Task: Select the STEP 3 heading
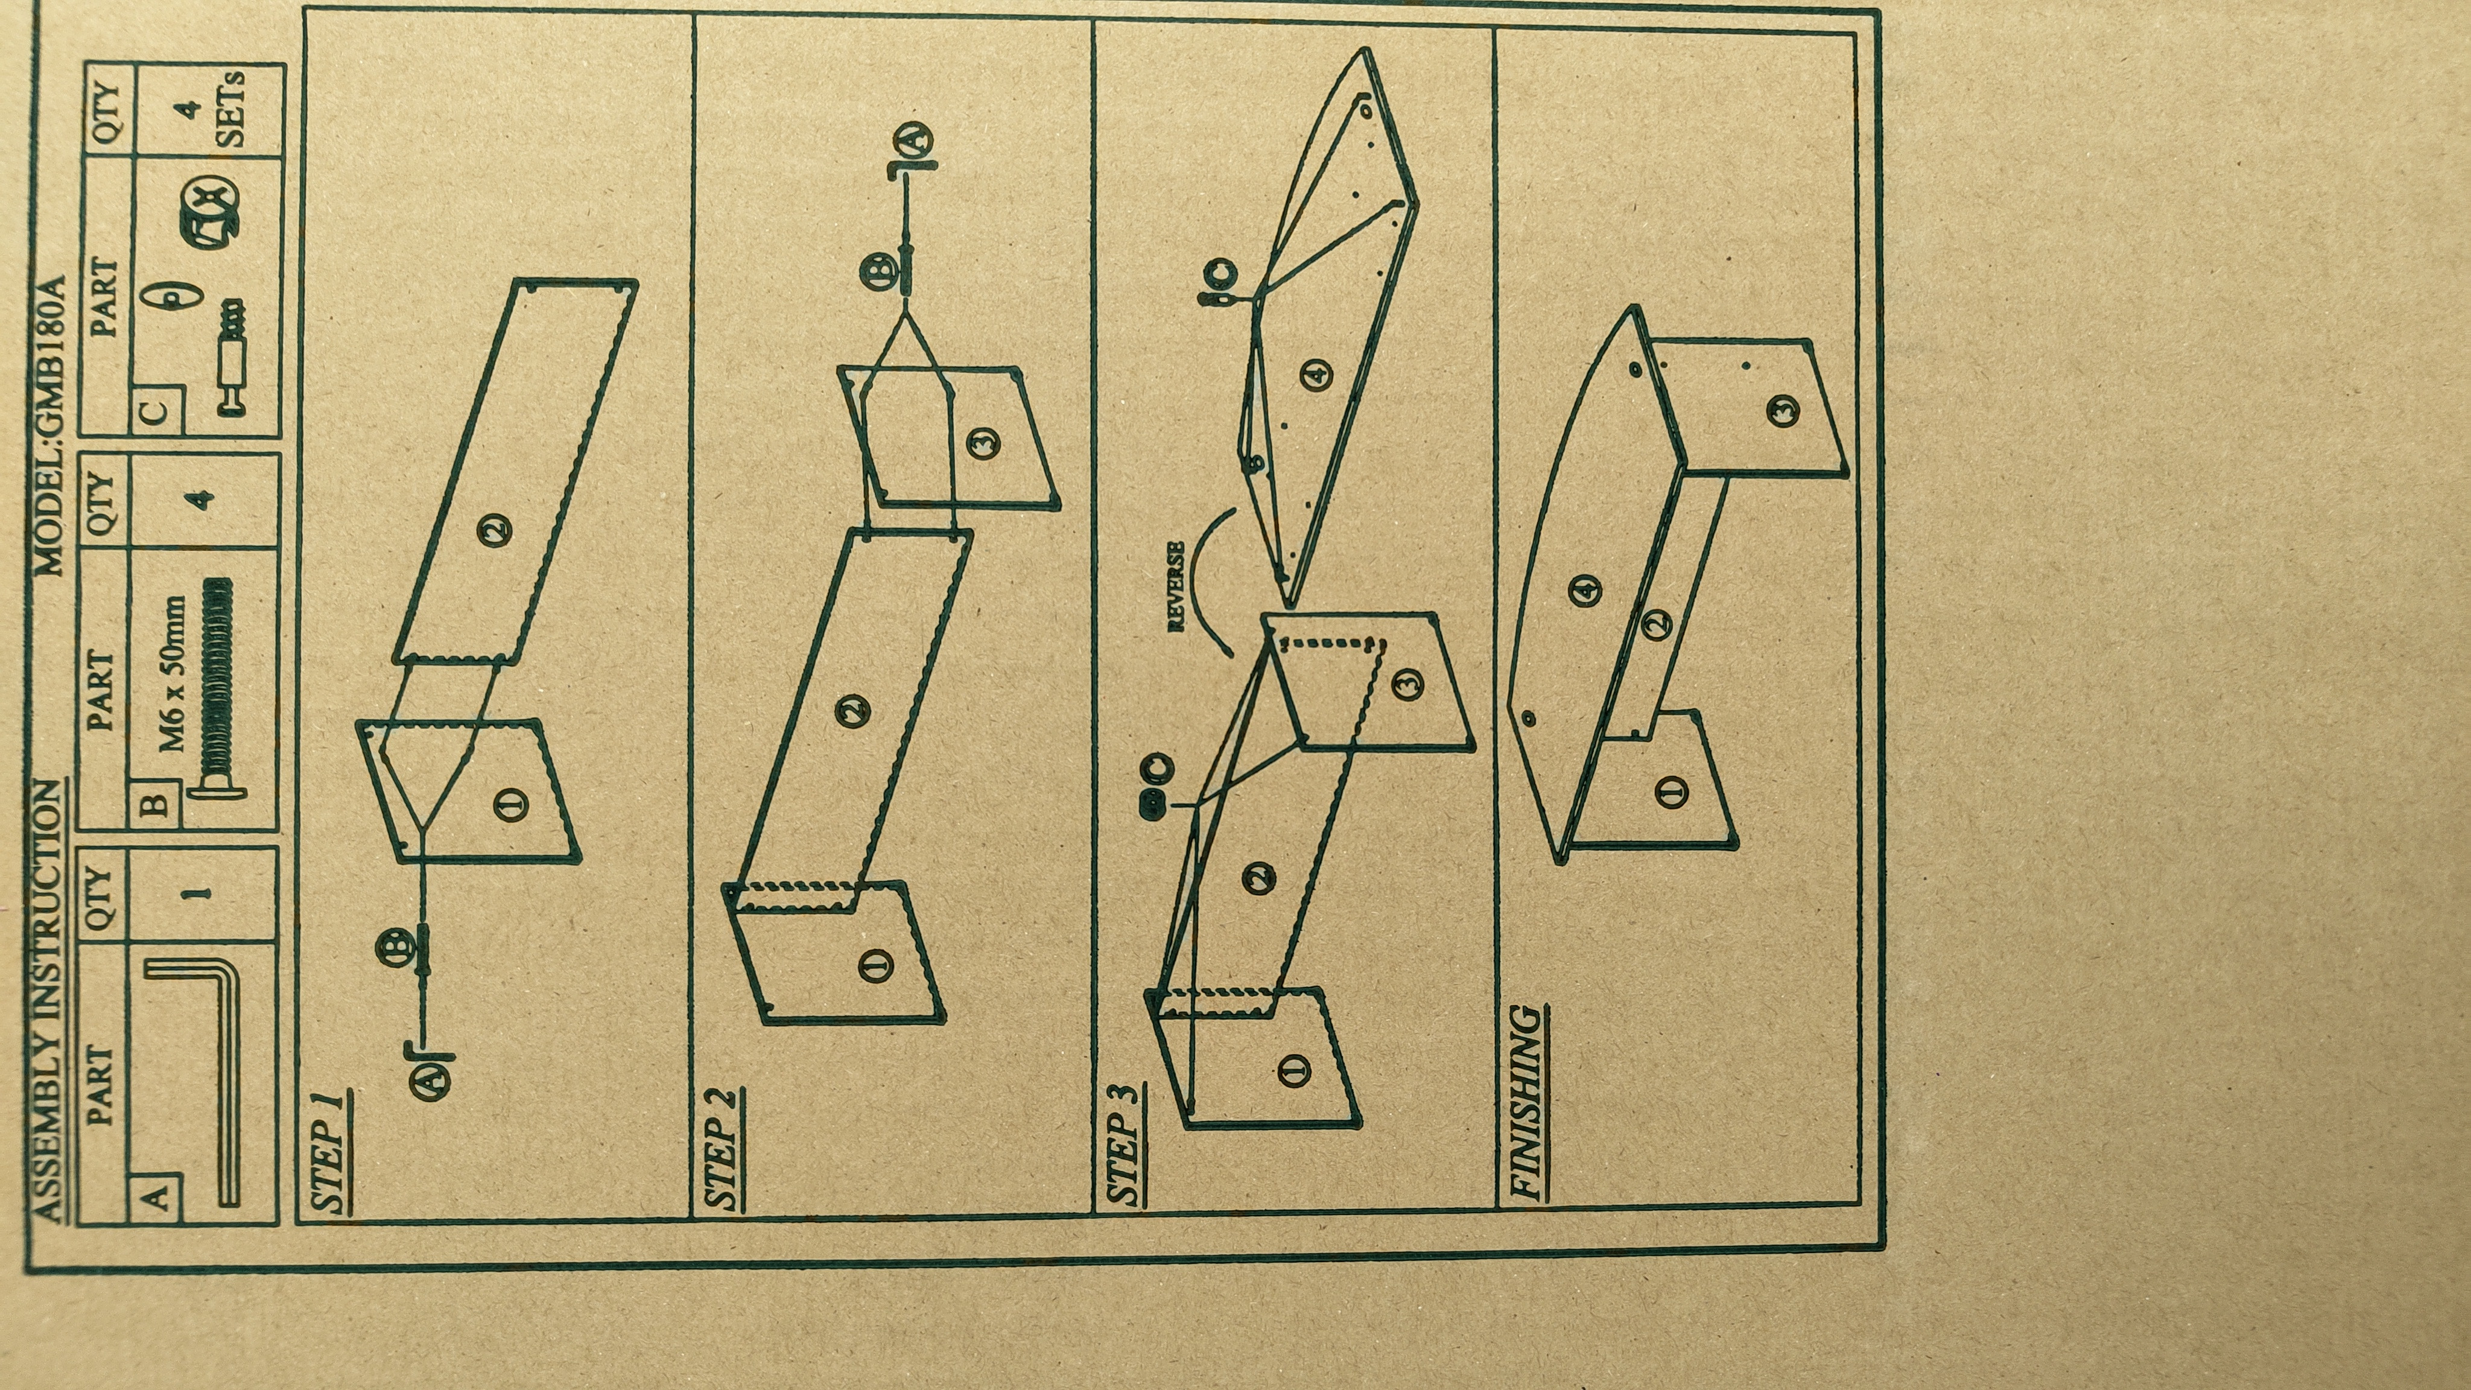[x=1126, y=1144]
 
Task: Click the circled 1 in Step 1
[x=512, y=804]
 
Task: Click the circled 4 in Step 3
[x=1317, y=373]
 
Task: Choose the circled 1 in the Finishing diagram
[x=1672, y=792]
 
